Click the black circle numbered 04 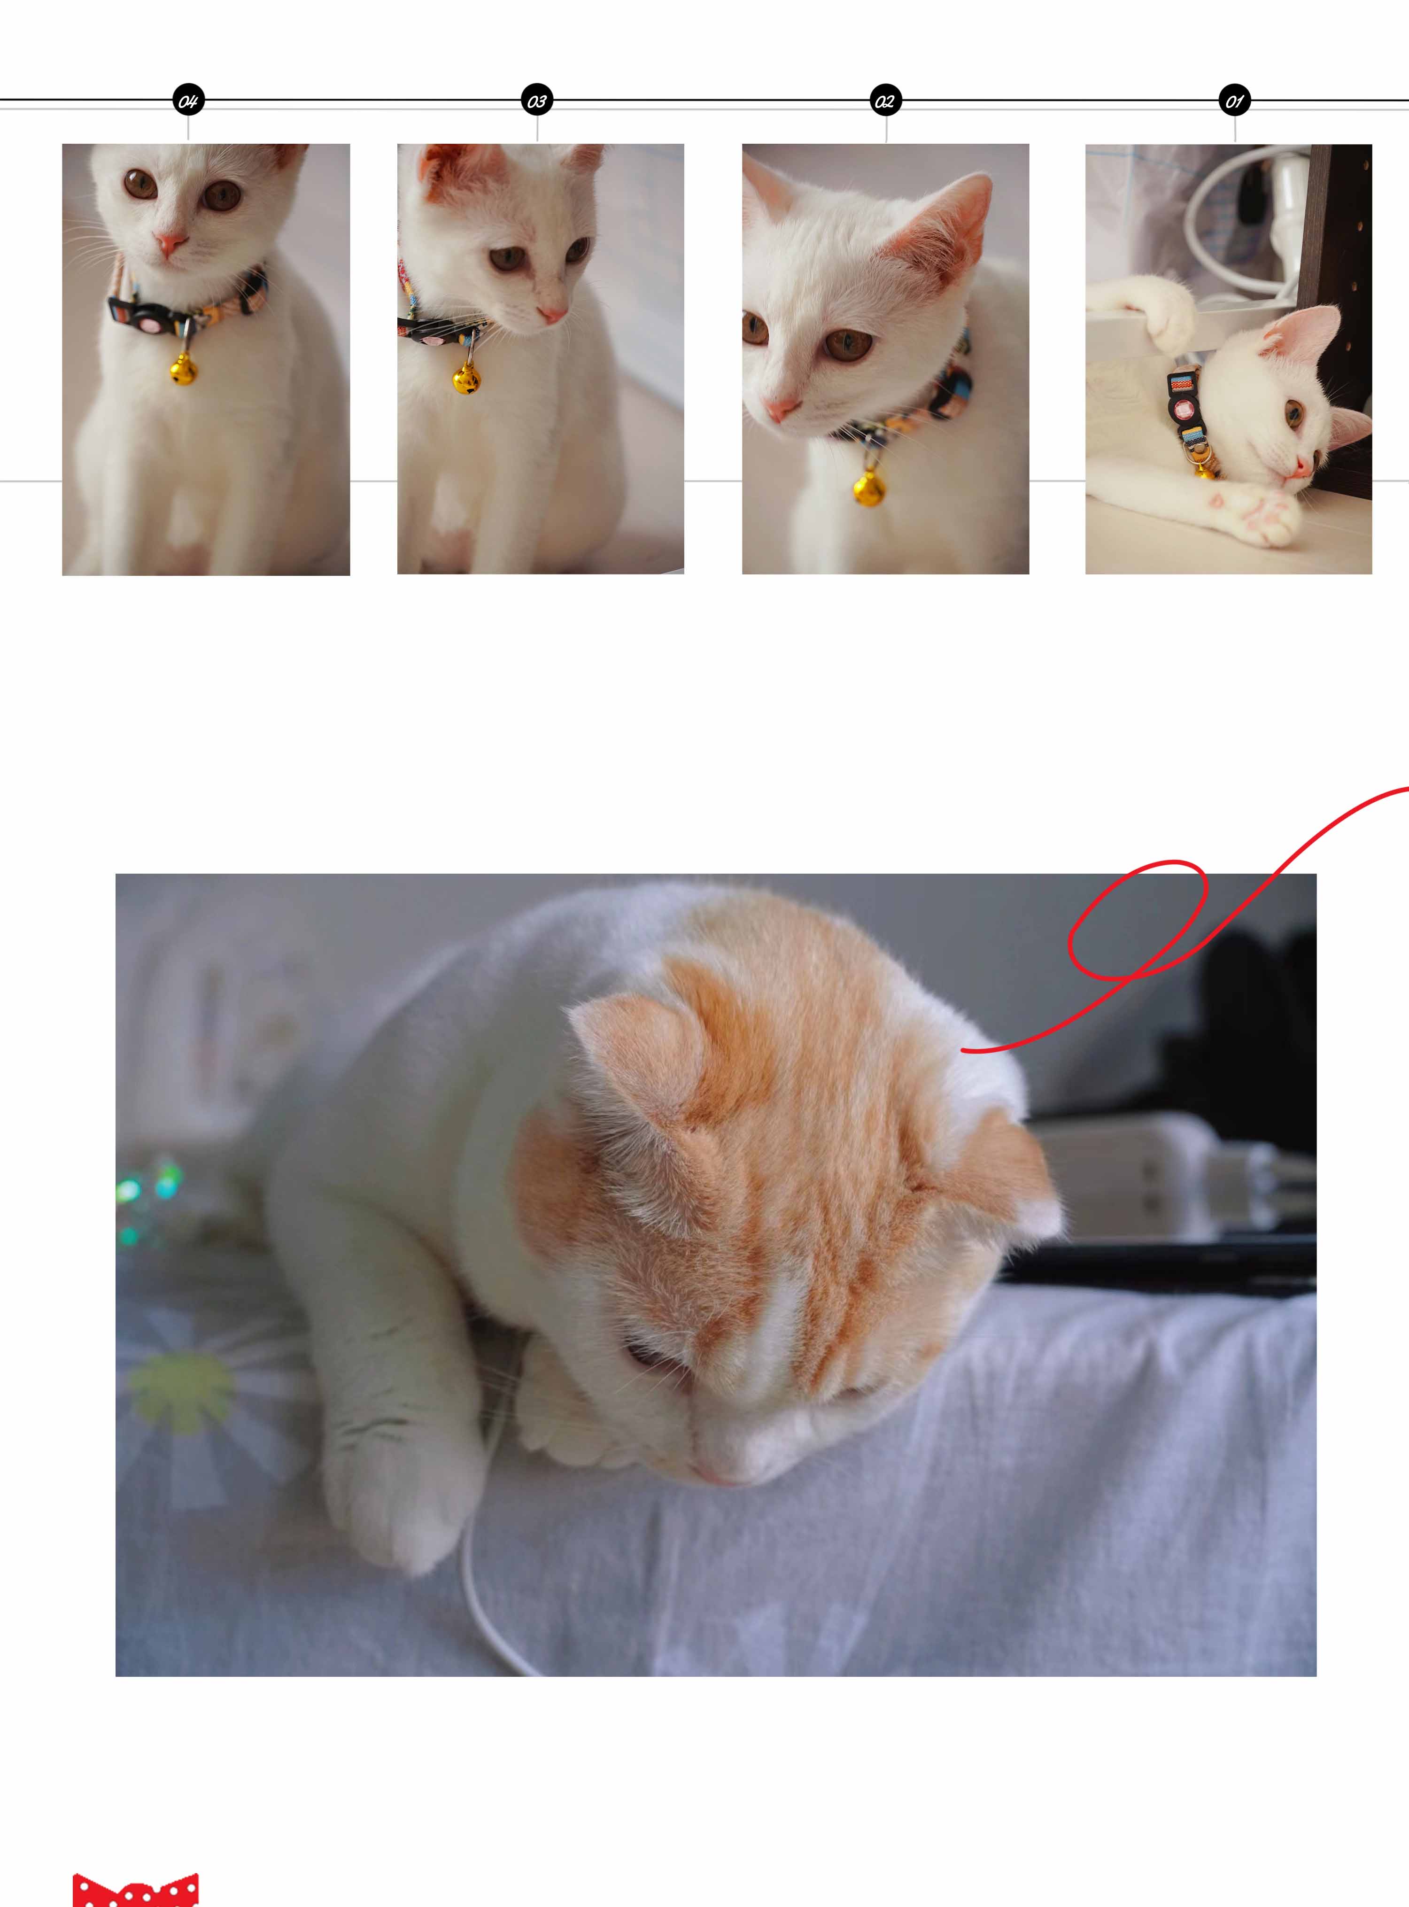(x=188, y=101)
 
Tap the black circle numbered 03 (x=536, y=101)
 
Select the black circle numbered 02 (x=885, y=101)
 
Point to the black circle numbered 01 (x=1234, y=101)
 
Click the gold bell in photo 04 (x=183, y=369)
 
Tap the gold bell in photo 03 (x=466, y=378)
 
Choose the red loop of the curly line (x=1138, y=919)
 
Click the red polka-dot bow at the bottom (x=136, y=1890)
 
